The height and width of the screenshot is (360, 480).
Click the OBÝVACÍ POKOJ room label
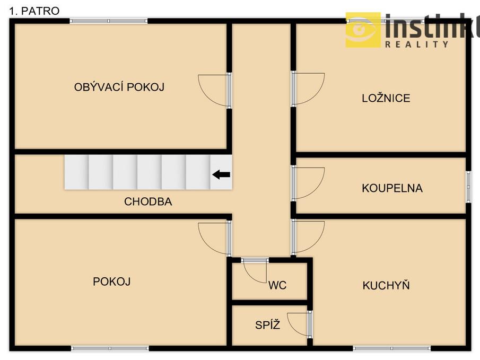coord(119,87)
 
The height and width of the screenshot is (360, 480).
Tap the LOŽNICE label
coord(386,98)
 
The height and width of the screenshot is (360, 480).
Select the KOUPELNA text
coord(392,188)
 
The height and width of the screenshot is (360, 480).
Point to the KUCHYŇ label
coord(386,285)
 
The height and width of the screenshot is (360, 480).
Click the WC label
coord(277,285)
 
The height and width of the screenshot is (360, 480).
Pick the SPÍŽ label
coord(267,324)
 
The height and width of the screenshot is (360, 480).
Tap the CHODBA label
coord(148,201)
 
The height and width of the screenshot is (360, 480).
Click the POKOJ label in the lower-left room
coord(112,282)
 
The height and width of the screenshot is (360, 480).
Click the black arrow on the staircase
coord(221,175)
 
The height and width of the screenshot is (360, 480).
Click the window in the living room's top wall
coord(109,21)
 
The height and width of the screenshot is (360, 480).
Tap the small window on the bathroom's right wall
coord(468,187)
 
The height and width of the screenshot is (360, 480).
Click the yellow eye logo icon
coord(363,30)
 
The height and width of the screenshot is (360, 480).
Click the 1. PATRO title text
coord(34,11)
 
